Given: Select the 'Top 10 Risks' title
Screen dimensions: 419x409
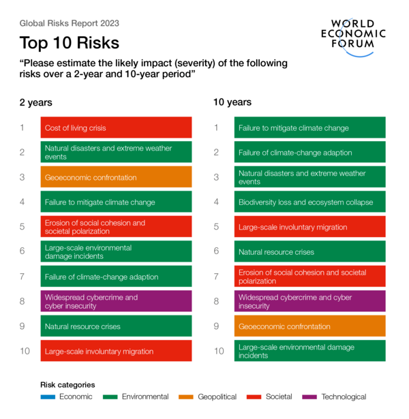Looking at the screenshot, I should click(x=70, y=43).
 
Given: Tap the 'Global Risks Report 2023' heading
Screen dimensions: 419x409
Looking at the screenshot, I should click(x=70, y=23).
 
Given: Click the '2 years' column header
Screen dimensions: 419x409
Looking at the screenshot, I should click(x=36, y=103).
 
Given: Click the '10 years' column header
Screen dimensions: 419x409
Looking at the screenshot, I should click(x=232, y=102).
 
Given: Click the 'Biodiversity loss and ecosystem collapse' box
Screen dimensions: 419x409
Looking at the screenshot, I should click(x=310, y=202).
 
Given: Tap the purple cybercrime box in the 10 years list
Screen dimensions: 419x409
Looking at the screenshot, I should click(x=310, y=302).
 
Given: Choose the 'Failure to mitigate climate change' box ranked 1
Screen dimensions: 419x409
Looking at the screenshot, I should click(x=310, y=127).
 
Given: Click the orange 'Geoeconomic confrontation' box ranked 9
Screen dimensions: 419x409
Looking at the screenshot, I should click(x=310, y=326).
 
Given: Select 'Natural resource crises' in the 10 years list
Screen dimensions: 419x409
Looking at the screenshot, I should click(x=310, y=252).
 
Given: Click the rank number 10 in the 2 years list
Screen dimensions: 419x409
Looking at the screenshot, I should click(x=25, y=352).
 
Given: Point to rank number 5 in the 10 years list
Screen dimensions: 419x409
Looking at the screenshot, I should click(x=217, y=227).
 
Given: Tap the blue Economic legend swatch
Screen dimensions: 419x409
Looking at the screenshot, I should click(x=48, y=397).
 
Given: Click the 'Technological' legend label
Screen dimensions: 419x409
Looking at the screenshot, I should click(x=344, y=397).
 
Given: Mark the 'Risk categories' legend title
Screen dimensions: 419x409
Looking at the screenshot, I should click(x=67, y=384).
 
